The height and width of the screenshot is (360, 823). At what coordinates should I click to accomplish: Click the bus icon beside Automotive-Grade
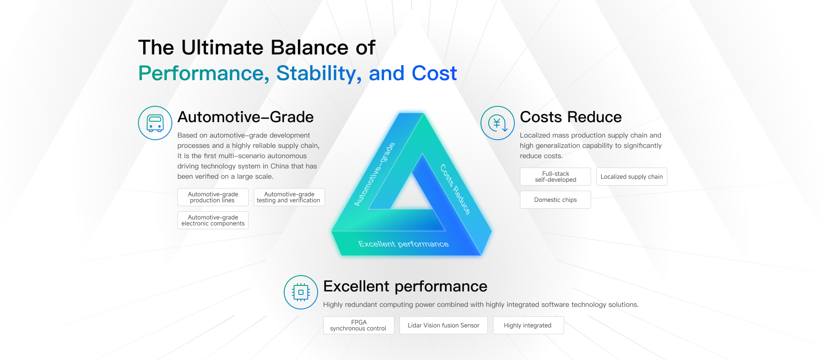[155, 123]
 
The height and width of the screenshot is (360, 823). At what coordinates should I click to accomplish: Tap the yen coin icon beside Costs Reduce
[498, 123]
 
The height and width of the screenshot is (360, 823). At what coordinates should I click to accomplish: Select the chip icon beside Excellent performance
[301, 292]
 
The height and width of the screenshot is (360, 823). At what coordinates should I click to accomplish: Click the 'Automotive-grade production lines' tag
[213, 197]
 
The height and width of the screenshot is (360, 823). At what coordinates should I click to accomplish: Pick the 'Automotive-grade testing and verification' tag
[289, 197]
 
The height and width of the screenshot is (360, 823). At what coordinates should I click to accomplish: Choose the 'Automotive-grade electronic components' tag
[213, 220]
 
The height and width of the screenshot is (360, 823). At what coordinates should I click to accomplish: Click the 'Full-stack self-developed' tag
[556, 177]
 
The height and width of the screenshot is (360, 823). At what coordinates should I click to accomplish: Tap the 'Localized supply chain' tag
[632, 177]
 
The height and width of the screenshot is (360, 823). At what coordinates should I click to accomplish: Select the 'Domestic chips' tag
[556, 200]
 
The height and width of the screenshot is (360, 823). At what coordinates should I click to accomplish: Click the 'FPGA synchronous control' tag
[359, 325]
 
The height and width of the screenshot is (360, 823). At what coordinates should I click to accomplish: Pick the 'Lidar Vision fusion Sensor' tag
[444, 325]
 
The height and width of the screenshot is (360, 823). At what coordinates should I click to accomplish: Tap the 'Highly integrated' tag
[528, 325]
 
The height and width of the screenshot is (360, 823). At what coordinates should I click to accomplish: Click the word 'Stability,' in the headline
[319, 74]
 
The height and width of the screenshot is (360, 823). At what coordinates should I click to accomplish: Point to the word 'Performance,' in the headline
[204, 74]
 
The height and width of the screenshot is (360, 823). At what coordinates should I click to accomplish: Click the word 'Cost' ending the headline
[434, 73]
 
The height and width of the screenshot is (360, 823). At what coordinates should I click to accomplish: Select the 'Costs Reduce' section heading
[571, 117]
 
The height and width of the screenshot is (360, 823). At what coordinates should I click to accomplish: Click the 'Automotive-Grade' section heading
[246, 117]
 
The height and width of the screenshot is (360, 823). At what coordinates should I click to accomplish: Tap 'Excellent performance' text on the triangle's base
[403, 244]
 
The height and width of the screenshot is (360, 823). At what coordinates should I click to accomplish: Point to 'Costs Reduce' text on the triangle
[455, 189]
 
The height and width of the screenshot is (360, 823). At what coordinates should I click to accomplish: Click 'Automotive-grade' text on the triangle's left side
[374, 174]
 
